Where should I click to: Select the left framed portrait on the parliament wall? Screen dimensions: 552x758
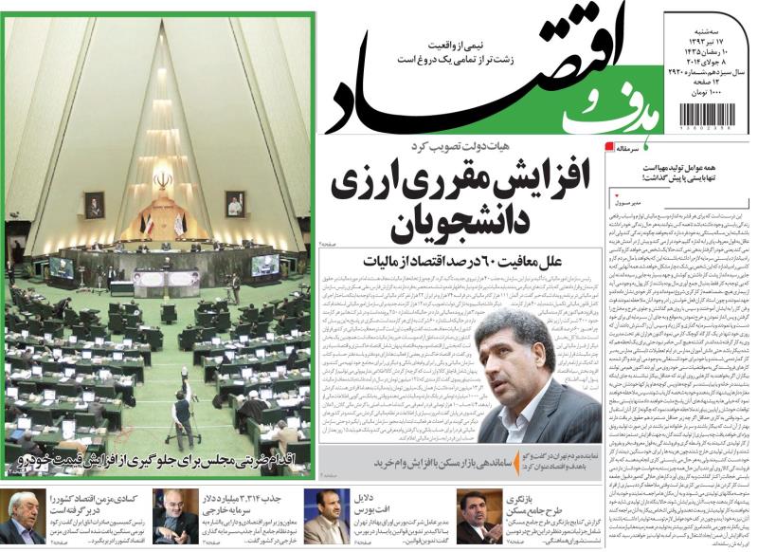(x=94, y=205)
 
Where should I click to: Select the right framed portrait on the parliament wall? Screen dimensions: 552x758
(x=235, y=203)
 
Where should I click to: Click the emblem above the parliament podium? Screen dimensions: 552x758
(x=164, y=179)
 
